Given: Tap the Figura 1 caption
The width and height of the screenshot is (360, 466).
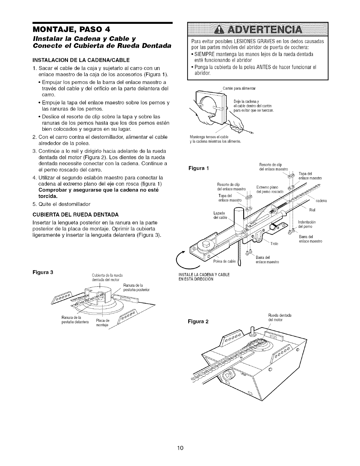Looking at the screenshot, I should pyautogui.click(x=199, y=169).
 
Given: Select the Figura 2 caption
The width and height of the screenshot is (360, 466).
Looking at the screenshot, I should pyautogui.click(x=199, y=321).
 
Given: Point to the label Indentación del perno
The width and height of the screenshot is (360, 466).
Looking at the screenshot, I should pyautogui.click(x=307, y=224).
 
